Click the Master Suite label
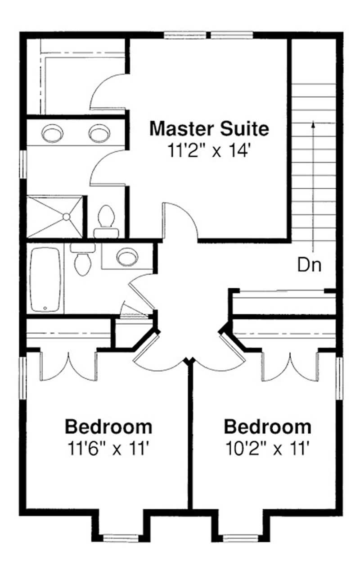tap(209, 129)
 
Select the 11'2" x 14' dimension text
tap(209, 150)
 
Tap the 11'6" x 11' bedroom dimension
tap(108, 448)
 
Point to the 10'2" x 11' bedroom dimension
tap(267, 448)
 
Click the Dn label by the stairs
tap(310, 265)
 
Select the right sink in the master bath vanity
tap(99, 133)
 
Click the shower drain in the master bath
tap(66, 217)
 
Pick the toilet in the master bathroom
tap(106, 219)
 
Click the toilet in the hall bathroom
tap(82, 261)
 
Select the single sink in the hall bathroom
tap(127, 257)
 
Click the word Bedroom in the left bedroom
tap(108, 426)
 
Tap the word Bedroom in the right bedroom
tap(267, 426)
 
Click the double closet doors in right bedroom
tap(289, 365)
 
